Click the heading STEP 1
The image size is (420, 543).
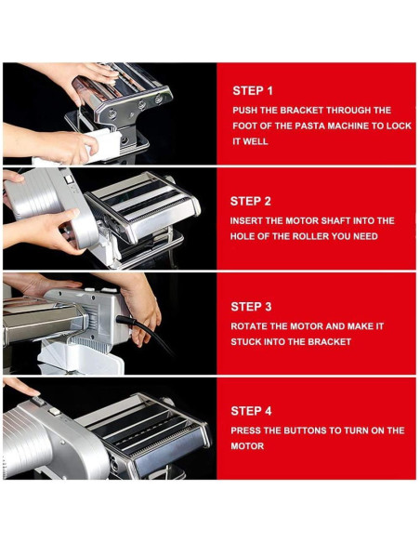[x=253, y=91]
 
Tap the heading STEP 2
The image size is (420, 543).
[x=251, y=201]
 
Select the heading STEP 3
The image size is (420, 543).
[x=251, y=307]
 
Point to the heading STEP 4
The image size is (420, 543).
[x=251, y=411]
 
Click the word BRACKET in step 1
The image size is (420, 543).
[x=301, y=110]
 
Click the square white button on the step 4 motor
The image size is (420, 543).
[x=54, y=412]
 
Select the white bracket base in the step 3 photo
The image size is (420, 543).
[x=80, y=358]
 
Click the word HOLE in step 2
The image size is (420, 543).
[x=243, y=236]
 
